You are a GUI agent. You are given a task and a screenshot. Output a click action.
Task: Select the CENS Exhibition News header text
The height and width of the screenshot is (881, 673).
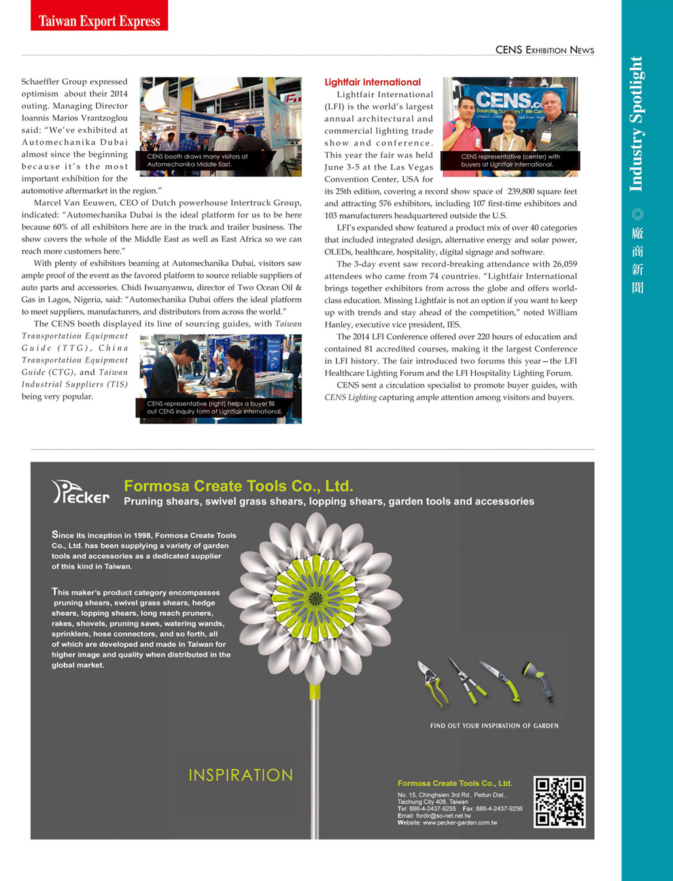[545, 50]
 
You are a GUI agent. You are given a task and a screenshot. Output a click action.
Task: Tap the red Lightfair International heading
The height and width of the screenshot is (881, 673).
[373, 82]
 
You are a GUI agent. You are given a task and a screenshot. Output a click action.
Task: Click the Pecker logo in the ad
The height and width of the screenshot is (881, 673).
[80, 492]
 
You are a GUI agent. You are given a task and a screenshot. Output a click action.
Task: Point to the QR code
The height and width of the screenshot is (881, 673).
[559, 801]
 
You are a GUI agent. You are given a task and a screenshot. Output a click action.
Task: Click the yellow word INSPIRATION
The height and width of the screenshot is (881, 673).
[241, 775]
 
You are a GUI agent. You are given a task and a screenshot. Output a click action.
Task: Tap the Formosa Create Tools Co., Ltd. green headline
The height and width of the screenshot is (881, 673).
[239, 486]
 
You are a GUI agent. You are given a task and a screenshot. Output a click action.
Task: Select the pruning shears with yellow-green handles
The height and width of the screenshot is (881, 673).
[432, 684]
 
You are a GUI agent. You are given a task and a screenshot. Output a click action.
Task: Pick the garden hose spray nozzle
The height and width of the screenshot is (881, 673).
[538, 681]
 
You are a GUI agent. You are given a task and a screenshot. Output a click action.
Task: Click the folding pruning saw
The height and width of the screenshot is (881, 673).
[501, 680]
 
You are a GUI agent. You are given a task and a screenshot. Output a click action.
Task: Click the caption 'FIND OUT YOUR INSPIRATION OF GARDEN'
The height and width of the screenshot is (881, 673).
[494, 726]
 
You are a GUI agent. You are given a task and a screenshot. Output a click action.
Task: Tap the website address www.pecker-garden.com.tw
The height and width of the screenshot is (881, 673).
[460, 823]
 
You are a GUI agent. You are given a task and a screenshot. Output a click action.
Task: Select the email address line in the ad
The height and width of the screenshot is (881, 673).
[434, 816]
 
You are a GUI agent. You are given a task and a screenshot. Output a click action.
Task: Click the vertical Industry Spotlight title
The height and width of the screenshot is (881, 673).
[636, 124]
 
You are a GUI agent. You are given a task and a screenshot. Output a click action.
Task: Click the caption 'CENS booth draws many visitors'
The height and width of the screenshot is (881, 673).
[197, 160]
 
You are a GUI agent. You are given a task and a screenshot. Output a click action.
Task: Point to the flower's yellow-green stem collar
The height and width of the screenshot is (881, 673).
[315, 691]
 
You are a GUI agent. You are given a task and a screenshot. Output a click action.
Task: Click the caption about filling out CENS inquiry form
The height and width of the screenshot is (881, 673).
[214, 407]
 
